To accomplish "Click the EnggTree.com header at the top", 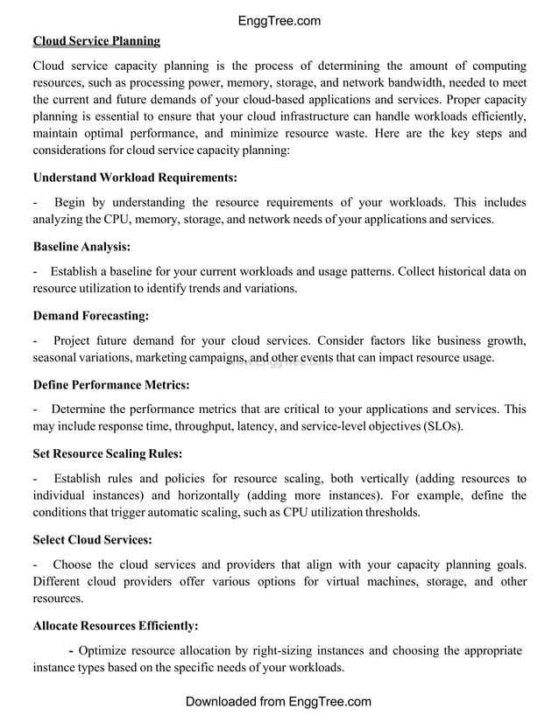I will pyautogui.click(x=279, y=21).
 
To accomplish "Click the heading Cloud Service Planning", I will pyautogui.click(x=96, y=41).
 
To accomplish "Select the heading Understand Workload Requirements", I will pyautogui.click(x=135, y=178).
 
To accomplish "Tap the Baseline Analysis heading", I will pyautogui.click(x=81, y=247).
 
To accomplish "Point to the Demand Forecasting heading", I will pyautogui.click(x=90, y=315).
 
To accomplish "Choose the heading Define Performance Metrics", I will pyautogui.click(x=111, y=384).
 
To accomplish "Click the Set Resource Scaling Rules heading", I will pyautogui.click(x=108, y=453).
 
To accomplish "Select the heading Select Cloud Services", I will pyautogui.click(x=92, y=539).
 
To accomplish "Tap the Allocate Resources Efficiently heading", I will pyautogui.click(x=116, y=626).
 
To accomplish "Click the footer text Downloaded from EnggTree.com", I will pyautogui.click(x=279, y=702).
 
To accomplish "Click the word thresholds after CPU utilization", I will pyautogui.click(x=389, y=513).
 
